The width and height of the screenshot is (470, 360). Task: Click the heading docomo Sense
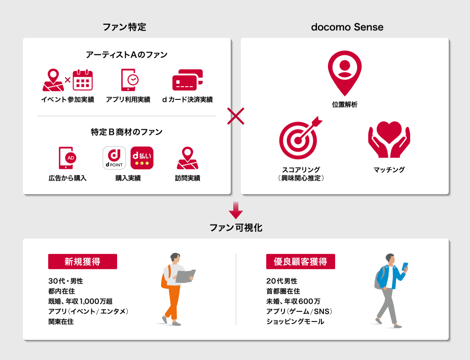point(347,27)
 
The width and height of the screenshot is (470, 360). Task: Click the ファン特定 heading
point(124,27)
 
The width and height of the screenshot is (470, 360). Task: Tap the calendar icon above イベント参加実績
point(83,80)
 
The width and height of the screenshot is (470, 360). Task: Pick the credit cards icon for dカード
point(187,80)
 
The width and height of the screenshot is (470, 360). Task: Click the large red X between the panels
point(236,116)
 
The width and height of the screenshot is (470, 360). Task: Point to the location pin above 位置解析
point(345,73)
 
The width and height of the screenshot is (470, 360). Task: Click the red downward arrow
point(236,210)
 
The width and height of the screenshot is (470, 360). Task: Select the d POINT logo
point(115,158)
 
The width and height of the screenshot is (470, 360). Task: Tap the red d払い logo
point(142,158)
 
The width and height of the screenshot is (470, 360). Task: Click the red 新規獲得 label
point(82,262)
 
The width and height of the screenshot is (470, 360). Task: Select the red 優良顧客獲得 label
point(301,262)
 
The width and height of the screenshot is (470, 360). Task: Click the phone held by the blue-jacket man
point(405,266)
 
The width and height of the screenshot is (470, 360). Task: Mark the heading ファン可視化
point(236,228)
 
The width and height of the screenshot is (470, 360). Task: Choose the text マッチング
point(389,170)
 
